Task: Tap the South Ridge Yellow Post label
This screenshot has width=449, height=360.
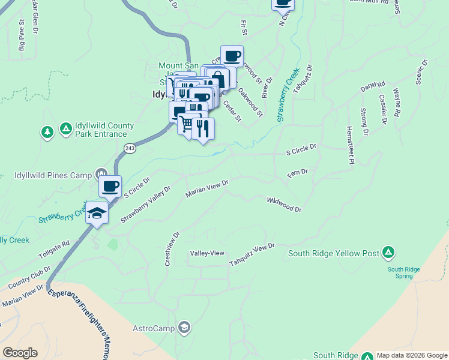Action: [334, 254]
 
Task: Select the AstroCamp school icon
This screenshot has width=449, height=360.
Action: [184, 328]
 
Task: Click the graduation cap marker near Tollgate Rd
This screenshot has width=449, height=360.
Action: [96, 212]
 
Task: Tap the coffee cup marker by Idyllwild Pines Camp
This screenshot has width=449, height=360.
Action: [110, 186]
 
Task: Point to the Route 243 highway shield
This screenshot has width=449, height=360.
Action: [130, 148]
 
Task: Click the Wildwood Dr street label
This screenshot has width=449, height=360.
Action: [284, 204]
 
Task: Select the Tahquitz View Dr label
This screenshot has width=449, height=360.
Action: [252, 255]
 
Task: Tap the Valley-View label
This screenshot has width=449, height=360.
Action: [207, 253]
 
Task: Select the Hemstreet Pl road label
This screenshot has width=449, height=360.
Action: [349, 144]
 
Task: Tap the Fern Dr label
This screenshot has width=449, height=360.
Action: [298, 172]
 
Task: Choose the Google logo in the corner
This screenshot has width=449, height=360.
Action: [20, 353]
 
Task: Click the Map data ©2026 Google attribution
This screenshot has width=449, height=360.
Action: [412, 355]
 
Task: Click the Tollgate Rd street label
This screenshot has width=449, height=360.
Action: [55, 250]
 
